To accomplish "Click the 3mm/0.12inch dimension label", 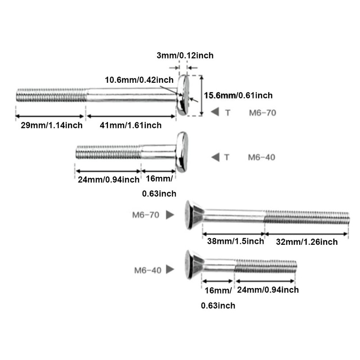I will click(185, 55).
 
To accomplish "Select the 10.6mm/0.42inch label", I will click(139, 80).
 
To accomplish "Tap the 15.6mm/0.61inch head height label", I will click(238, 95).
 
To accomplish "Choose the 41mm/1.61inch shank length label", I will click(130, 125).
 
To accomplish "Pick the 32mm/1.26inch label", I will click(307, 242).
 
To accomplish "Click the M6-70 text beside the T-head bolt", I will click(262, 112).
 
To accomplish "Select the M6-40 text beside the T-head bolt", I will click(262, 157).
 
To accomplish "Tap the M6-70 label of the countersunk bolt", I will click(146, 215).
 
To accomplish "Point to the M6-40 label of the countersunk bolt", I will click(148, 270).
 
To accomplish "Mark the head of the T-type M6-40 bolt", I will click(181, 152).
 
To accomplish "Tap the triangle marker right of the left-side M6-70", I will click(170, 215).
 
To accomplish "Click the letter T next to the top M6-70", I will click(227, 112).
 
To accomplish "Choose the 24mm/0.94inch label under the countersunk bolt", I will click(267, 290).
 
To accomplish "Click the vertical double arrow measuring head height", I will click(201, 95).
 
